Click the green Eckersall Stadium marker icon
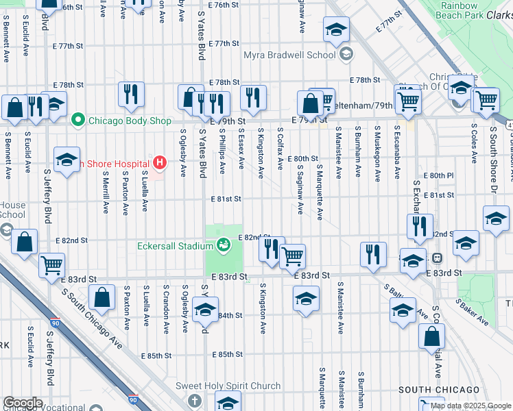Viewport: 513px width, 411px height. tap(224, 245)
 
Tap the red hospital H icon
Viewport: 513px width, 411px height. tap(160, 163)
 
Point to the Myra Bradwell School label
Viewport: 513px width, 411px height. tap(290, 54)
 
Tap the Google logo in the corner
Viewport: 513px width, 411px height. tap(23, 403)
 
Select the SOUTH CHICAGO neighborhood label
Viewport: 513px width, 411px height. tap(439, 390)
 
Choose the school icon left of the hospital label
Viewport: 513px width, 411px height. tap(67, 160)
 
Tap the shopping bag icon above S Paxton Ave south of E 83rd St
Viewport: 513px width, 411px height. tap(102, 297)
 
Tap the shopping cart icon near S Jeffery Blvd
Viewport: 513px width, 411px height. tap(52, 265)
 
